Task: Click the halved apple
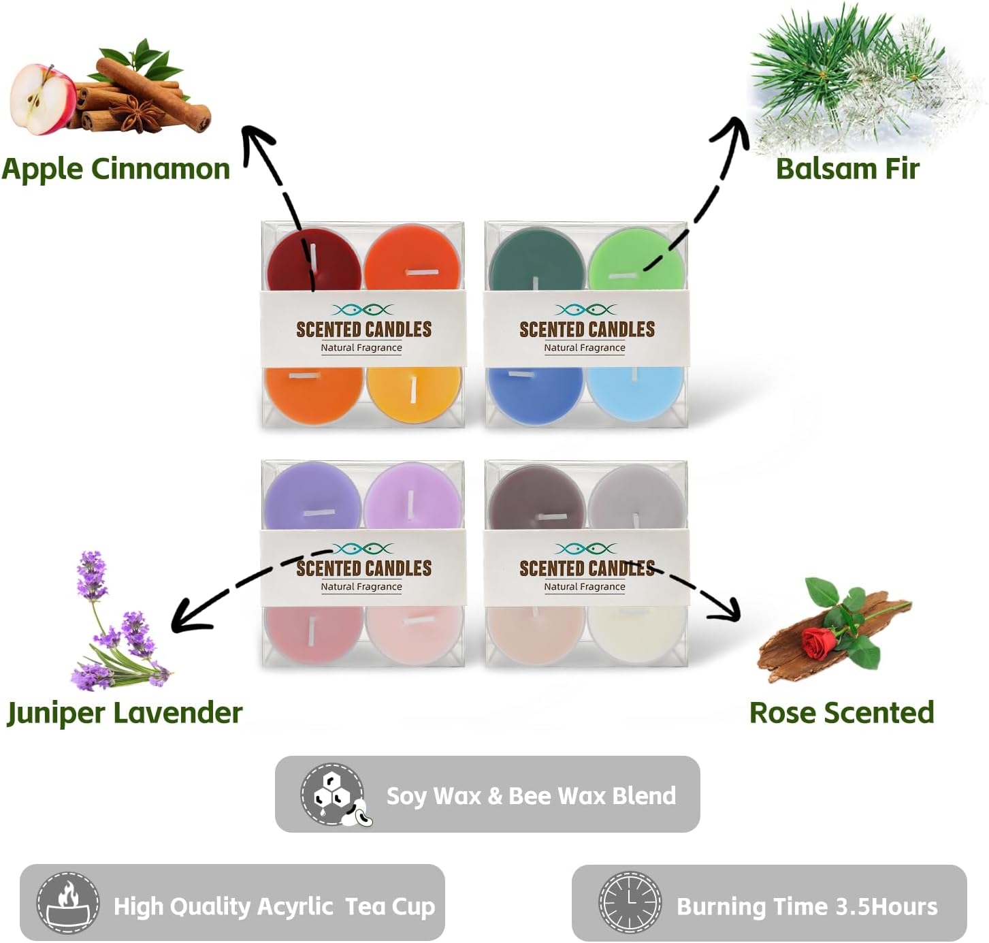44,99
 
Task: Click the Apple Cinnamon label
116,169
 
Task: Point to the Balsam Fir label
847,169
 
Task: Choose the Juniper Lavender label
125,713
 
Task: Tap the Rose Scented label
841,713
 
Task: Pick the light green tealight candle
636,259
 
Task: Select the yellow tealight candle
414,394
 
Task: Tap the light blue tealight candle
635,392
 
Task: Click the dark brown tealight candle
537,498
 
